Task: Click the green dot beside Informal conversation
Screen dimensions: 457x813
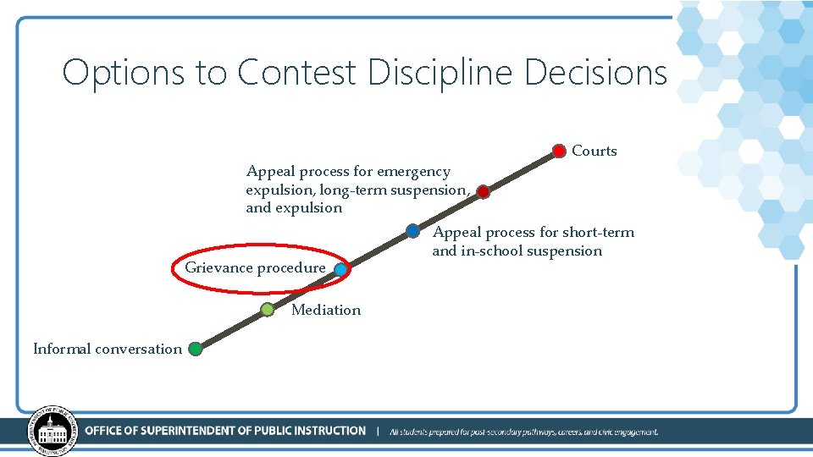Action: click(195, 348)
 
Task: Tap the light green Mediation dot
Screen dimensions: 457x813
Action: click(267, 310)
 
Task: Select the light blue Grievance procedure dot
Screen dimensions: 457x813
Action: click(340, 270)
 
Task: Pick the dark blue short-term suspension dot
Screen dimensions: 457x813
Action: click(412, 230)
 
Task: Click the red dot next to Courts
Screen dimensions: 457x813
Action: click(559, 151)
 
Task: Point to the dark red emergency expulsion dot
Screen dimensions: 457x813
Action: click(483, 192)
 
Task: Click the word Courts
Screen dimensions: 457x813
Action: click(594, 151)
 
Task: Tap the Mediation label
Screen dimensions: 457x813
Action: click(325, 310)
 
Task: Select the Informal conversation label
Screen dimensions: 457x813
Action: click(107, 349)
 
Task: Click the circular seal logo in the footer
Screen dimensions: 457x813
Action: click(52, 431)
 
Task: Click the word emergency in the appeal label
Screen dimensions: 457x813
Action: click(414, 172)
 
